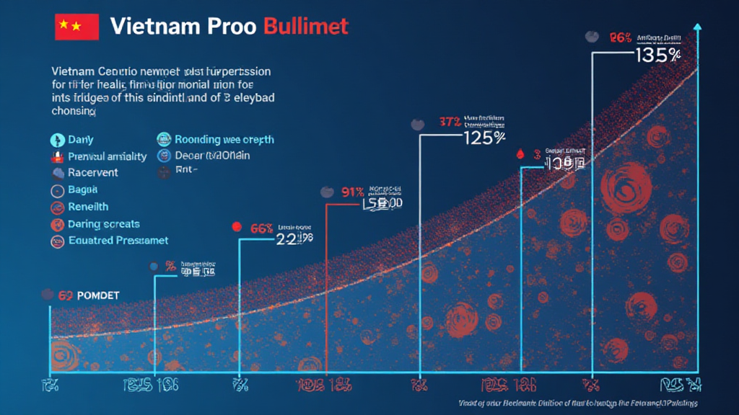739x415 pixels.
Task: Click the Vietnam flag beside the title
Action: point(76,27)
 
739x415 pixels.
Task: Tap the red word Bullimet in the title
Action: point(306,27)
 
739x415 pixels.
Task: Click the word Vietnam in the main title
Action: point(154,27)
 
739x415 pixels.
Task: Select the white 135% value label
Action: point(657,55)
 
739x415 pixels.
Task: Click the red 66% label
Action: point(261,228)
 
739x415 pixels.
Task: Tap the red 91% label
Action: point(351,192)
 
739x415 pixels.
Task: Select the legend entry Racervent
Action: point(92,173)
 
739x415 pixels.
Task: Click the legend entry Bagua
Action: point(82,191)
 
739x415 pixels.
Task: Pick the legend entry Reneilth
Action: point(88,207)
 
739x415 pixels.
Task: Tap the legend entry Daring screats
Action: point(103,224)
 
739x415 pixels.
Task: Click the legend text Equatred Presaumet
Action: point(118,241)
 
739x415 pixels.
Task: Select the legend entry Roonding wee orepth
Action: point(224,140)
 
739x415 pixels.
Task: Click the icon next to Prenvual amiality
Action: point(57,156)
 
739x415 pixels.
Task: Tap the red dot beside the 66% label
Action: point(235,227)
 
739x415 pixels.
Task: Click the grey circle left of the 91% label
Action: point(326,192)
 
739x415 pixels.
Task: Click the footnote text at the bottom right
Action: point(578,403)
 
